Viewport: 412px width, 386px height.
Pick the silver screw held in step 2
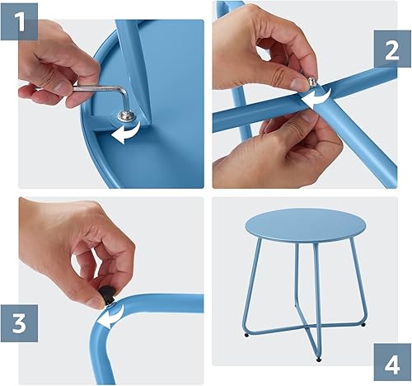pyautogui.click(x=312, y=80)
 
